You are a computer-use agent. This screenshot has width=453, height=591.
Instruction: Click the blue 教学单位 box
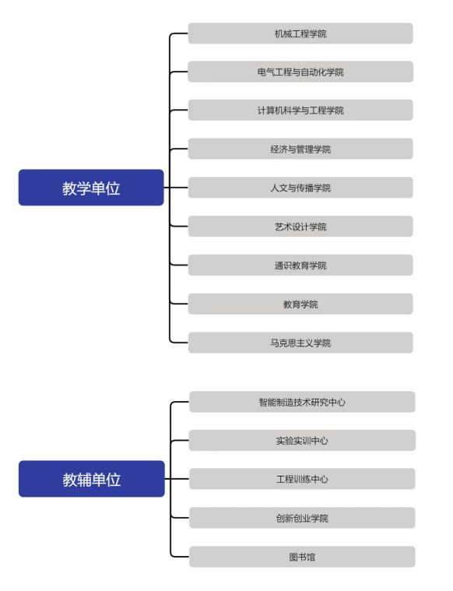point(91,188)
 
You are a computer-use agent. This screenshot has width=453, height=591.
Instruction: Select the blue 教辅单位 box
point(92,479)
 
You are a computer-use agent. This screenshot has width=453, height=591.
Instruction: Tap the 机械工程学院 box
point(300,33)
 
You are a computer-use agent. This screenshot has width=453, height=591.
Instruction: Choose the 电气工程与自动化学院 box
point(300,72)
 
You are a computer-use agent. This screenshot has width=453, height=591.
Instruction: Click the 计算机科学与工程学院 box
point(300,110)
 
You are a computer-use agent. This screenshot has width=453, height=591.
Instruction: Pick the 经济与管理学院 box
point(300,149)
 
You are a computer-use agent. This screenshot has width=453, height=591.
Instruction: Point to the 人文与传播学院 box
point(300,188)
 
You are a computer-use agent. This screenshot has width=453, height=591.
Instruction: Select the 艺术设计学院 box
point(300,226)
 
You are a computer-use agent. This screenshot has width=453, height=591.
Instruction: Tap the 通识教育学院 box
point(300,265)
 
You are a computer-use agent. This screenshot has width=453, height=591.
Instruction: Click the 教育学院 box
point(300,304)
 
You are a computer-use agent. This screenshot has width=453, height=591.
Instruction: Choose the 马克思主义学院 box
point(300,343)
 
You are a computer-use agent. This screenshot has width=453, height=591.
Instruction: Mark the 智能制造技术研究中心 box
point(302,402)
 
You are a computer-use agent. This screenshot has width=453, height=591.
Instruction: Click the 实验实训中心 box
point(302,440)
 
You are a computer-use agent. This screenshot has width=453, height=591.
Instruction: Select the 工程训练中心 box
point(302,479)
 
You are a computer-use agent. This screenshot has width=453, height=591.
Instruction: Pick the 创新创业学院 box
point(302,518)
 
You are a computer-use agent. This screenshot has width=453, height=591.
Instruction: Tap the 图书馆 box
point(302,557)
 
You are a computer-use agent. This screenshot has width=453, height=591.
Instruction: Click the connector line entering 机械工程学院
point(179,33)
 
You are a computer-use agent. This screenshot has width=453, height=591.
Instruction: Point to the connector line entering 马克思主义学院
point(179,343)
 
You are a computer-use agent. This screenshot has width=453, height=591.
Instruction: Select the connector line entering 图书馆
point(180,557)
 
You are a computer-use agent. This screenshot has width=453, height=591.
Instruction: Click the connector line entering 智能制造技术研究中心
point(180,402)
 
